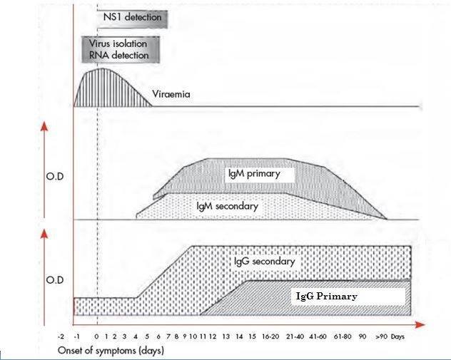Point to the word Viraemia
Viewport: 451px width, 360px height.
point(171,93)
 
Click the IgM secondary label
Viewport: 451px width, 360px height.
point(227,206)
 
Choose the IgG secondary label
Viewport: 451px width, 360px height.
point(263,262)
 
